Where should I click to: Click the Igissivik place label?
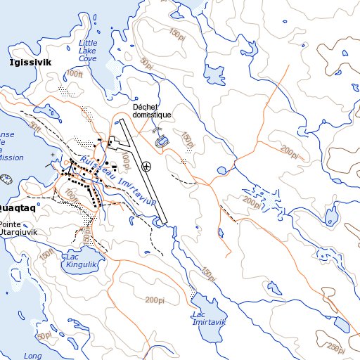point(31,63)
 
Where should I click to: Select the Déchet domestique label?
point(152,110)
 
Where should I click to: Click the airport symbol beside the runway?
point(146,167)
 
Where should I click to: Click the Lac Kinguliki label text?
point(79,260)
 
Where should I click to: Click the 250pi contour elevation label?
point(337,348)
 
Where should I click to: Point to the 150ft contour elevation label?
point(47,252)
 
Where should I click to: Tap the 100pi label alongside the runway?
point(126,162)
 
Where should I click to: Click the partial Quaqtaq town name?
point(18,209)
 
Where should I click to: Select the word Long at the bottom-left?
point(32,356)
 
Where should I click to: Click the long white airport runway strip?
point(144,171)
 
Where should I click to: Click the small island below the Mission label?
point(7,179)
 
